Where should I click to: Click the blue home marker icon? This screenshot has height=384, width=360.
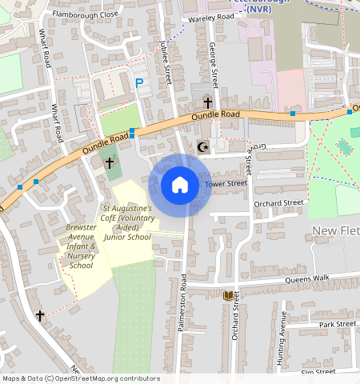(x=180, y=185)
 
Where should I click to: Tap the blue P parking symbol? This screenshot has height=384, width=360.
(x=139, y=82)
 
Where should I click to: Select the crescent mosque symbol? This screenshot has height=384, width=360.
(x=202, y=146)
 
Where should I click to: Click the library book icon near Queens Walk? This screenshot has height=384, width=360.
(x=229, y=296)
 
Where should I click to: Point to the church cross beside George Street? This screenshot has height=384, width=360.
(x=208, y=103)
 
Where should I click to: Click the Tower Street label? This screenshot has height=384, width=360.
(x=226, y=184)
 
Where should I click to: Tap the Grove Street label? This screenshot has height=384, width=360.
(x=250, y=160)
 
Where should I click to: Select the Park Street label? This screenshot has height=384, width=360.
(x=336, y=324)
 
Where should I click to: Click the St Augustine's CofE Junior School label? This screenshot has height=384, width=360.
(x=126, y=222)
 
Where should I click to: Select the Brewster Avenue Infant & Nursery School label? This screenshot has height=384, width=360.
(x=81, y=246)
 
